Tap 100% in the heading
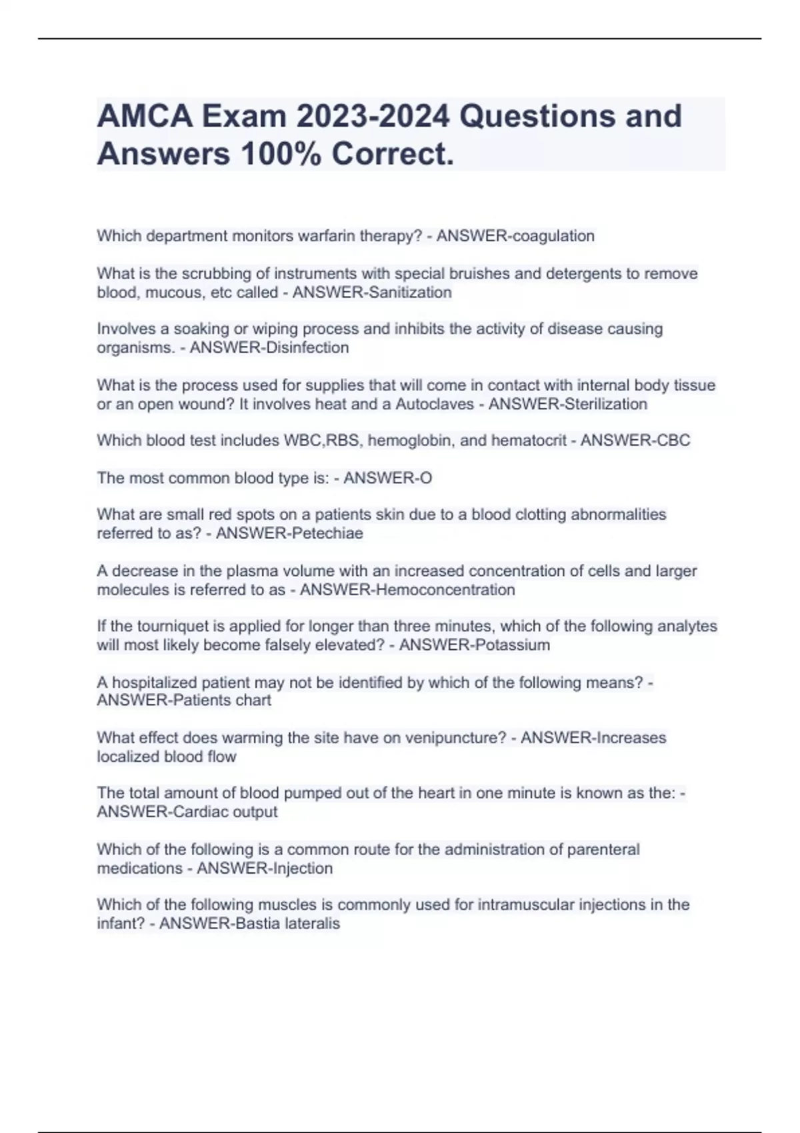[x=279, y=154]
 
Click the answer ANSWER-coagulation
[x=515, y=236]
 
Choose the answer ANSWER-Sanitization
[x=372, y=292]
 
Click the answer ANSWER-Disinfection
[x=269, y=347]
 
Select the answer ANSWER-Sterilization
[x=567, y=404]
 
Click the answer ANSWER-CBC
[x=635, y=441]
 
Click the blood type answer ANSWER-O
[x=388, y=478]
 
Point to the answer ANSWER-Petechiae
[x=289, y=533]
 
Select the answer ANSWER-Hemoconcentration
[x=407, y=590]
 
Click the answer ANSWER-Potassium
[x=475, y=645]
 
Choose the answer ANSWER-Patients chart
[x=184, y=700]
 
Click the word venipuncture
[x=455, y=738]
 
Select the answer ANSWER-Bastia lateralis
[x=249, y=924]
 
